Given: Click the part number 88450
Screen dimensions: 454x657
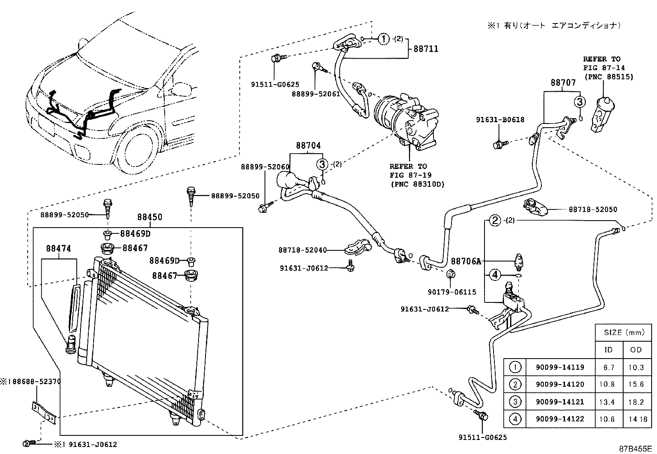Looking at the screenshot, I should [x=150, y=217].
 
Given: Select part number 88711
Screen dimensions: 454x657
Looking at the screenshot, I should [x=426, y=49].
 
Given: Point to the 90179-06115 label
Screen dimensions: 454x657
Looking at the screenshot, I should [x=452, y=292].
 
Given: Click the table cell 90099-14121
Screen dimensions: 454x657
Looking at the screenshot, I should [x=560, y=402].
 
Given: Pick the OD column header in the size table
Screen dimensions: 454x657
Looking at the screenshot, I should [x=636, y=349].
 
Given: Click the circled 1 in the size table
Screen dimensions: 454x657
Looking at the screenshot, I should [x=515, y=367].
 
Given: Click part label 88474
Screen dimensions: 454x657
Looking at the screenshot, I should [x=59, y=249].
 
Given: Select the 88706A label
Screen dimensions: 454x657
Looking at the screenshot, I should [x=466, y=261].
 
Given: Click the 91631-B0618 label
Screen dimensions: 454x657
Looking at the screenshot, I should [x=500, y=120].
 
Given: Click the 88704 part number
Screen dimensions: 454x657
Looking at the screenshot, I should [x=308, y=146].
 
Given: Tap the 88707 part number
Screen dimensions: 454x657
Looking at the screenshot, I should [x=563, y=83].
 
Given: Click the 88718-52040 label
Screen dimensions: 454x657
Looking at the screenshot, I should [x=303, y=250].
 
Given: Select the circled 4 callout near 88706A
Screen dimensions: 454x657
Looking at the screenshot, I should [x=495, y=275].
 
